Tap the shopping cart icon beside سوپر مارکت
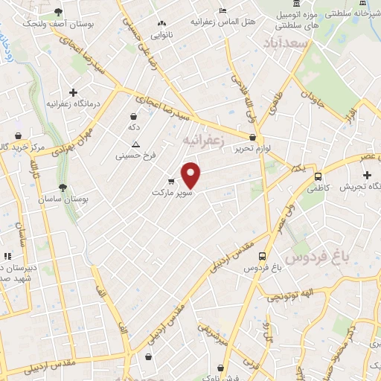point(171,181)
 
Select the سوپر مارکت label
point(173,193)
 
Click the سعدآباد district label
point(285,45)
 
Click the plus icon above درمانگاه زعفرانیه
point(73,92)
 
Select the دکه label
point(134,127)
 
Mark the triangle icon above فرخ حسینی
point(135,144)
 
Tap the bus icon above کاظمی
point(318,177)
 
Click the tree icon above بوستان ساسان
point(62,188)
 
